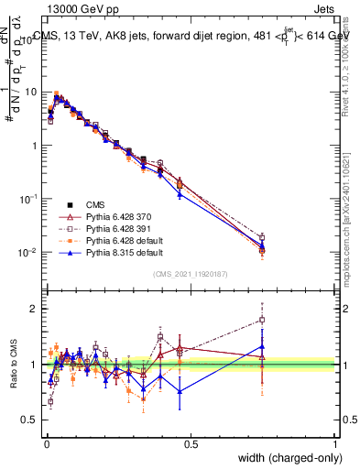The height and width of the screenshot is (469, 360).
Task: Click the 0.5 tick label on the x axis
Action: tap(191, 444)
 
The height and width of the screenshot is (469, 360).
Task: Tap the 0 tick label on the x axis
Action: tap(47, 444)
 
